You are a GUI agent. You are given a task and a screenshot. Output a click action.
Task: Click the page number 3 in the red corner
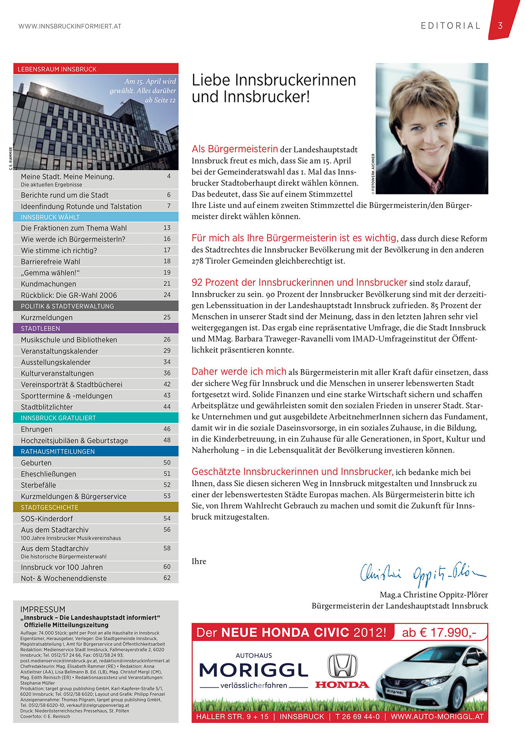tap(500, 25)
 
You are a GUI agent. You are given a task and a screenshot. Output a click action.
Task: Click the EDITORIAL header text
tap(451, 26)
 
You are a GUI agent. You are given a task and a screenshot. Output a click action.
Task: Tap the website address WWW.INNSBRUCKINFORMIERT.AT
tap(70, 26)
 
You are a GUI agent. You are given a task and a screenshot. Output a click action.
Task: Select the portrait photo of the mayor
tap(432, 128)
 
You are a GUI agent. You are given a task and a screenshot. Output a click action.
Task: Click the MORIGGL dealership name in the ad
tap(254, 670)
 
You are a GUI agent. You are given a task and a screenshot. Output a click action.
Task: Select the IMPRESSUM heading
tap(43, 609)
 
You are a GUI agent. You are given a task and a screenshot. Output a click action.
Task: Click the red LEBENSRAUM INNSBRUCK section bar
tap(96, 69)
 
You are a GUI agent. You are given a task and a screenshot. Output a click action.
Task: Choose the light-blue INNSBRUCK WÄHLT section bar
tap(96, 217)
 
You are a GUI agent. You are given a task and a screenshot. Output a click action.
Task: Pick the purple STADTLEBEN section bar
tap(96, 328)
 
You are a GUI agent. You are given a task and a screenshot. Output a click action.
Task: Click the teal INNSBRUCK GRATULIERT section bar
tap(96, 418)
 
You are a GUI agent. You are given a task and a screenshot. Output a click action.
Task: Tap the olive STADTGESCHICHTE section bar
tap(96, 507)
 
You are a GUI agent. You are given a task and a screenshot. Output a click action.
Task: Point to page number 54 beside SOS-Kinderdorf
tap(167, 518)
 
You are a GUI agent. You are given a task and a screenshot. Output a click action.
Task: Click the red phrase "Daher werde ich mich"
tap(239, 372)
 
